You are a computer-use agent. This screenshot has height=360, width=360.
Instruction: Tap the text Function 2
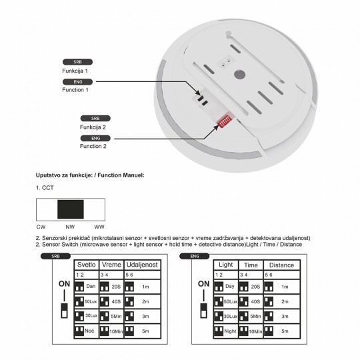(x=93, y=146)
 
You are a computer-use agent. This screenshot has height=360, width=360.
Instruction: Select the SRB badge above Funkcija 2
(x=95, y=117)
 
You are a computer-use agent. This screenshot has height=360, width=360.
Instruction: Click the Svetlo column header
(x=87, y=265)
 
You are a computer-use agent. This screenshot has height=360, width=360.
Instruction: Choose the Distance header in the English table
(x=281, y=265)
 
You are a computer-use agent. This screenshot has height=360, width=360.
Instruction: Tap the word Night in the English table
(x=229, y=331)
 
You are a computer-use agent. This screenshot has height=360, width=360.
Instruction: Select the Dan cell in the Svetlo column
(x=91, y=286)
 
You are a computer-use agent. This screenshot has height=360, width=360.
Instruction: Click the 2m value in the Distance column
(x=285, y=301)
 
